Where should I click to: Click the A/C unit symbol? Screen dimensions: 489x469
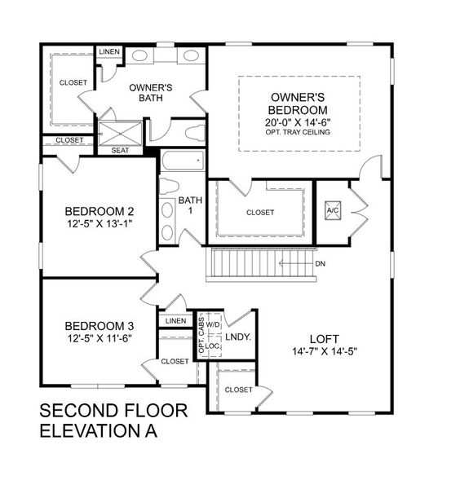click(333, 209)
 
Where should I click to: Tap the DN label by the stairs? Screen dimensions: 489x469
click(321, 264)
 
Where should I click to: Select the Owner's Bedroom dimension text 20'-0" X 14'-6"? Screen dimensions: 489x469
click(297, 122)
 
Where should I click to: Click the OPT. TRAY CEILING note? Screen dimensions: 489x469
click(297, 133)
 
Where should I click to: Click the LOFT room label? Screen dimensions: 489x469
click(324, 338)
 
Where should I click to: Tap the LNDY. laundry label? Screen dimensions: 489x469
click(237, 336)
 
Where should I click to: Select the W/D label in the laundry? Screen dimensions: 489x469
click(213, 324)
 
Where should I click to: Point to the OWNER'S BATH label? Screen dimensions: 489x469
click(150, 92)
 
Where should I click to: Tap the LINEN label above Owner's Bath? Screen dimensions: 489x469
click(108, 52)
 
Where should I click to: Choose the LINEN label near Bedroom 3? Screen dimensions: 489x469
click(175, 321)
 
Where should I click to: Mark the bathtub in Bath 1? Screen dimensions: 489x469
click(182, 161)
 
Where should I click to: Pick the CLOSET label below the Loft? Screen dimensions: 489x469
click(239, 390)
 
